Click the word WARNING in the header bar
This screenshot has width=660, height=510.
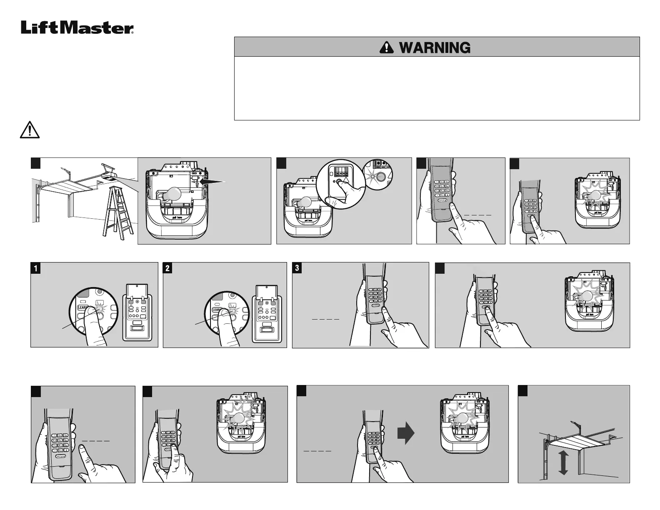[x=435, y=47]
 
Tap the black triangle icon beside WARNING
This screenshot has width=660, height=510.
[x=386, y=47]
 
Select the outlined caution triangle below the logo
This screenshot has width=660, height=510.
[x=30, y=130]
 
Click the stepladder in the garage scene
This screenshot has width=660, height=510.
[x=115, y=212]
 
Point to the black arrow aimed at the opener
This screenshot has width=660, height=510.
[x=213, y=182]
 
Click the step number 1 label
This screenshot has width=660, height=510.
[x=36, y=268]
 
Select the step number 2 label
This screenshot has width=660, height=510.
[x=167, y=268]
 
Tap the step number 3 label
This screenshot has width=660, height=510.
[x=297, y=268]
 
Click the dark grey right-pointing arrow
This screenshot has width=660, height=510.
[x=405, y=433]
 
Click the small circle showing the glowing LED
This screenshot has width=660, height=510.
[x=378, y=176]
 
